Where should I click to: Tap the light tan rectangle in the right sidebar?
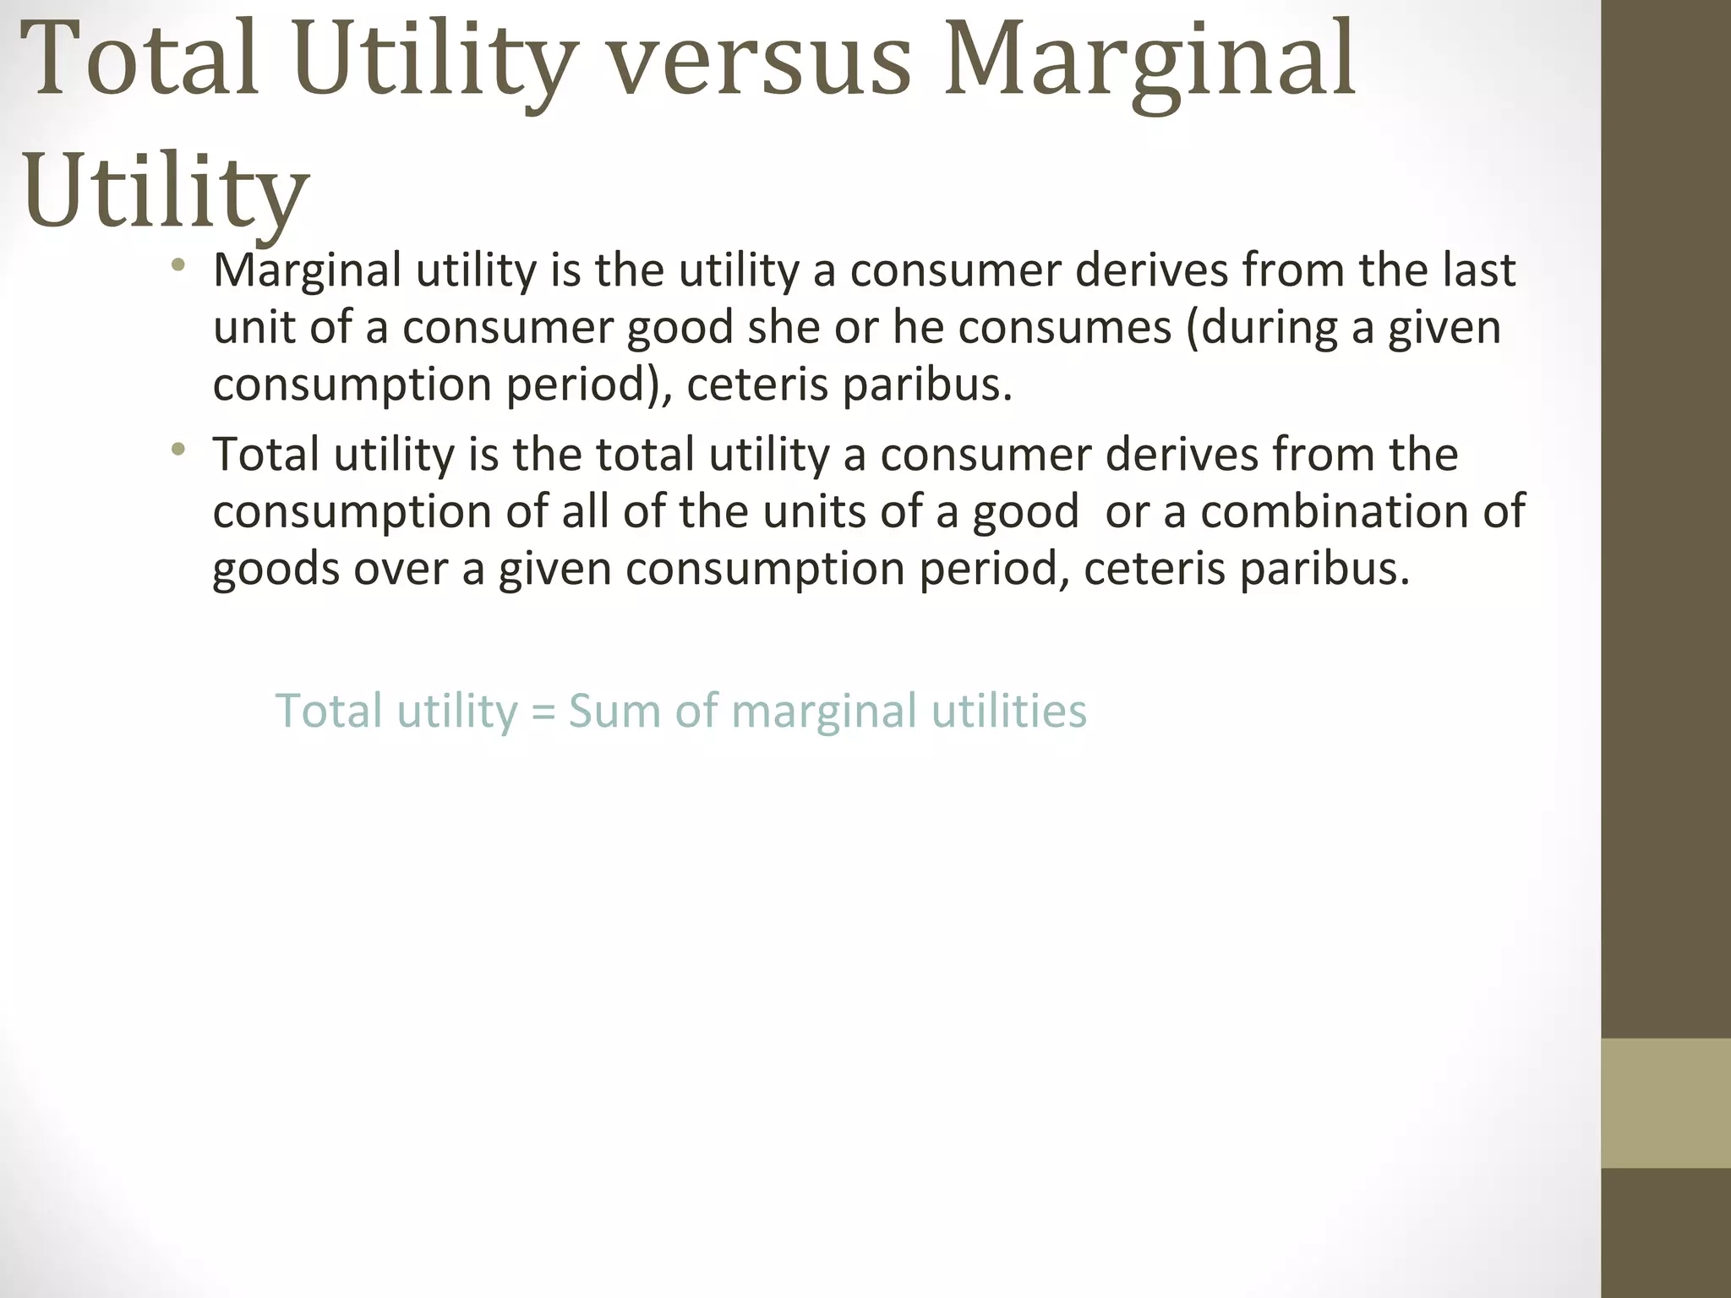pos(1666,1103)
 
